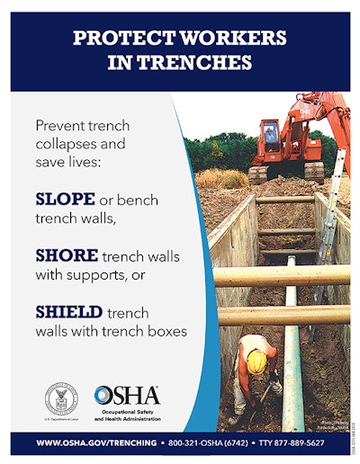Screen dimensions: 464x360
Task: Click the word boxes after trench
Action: coord(168,331)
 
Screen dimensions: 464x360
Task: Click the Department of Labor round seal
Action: coord(61,397)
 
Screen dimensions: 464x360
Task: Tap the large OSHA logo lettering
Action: coord(127,394)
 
